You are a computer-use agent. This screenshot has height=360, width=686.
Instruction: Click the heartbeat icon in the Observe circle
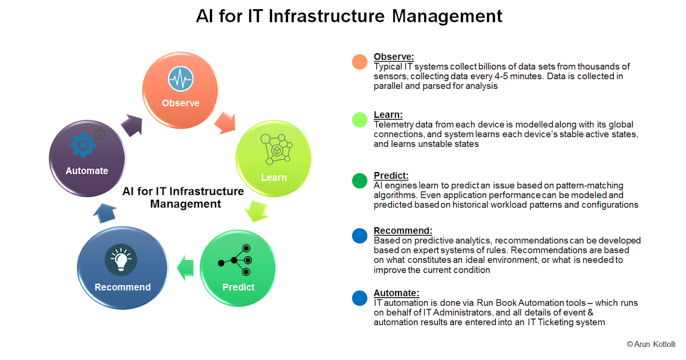click(x=181, y=79)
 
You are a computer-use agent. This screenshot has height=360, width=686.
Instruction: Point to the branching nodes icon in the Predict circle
click(x=235, y=261)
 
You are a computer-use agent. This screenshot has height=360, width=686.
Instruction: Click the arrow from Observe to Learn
click(x=225, y=122)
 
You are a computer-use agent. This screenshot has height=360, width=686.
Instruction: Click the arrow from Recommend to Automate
click(x=103, y=213)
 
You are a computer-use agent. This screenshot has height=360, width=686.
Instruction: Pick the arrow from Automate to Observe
click(x=132, y=123)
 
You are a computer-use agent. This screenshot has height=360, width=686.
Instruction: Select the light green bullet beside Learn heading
click(x=360, y=119)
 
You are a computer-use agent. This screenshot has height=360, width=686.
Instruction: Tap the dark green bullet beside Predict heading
click(x=360, y=181)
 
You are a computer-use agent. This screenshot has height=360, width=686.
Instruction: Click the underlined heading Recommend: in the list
click(x=402, y=231)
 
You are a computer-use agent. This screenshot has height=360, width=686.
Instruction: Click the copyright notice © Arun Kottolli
click(x=651, y=344)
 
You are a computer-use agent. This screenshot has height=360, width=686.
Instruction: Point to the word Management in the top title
click(x=448, y=15)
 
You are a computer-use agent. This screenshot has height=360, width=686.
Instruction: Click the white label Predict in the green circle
click(x=238, y=287)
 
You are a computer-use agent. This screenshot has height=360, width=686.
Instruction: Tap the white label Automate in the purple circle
click(x=87, y=170)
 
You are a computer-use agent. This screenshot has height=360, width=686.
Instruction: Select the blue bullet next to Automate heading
click(x=360, y=298)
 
